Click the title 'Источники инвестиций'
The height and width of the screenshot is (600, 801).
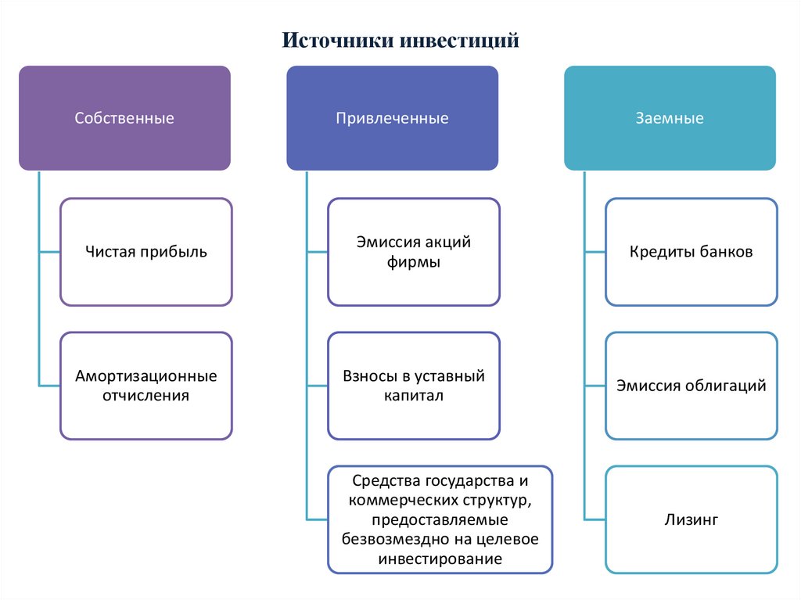400,39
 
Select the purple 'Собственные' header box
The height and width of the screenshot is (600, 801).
124,118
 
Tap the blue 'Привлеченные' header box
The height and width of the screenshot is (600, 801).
392,118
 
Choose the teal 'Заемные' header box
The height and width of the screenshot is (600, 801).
670,118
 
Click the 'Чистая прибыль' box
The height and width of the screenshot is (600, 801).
146,252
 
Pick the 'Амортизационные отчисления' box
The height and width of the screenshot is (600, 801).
146,386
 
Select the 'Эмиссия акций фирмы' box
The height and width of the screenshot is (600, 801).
413,252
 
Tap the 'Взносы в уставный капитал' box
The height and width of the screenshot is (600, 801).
413,386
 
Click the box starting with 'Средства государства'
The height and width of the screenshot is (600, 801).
440,519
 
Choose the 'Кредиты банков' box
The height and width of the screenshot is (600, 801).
691,252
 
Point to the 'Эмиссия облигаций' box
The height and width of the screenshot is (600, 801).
691,386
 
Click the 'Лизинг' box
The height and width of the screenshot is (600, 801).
691,519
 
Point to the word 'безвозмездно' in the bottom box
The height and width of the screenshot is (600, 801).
390,540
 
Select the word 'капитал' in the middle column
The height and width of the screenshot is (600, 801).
413,396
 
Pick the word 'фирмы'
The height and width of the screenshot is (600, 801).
413,262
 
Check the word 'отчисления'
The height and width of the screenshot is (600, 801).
146,396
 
